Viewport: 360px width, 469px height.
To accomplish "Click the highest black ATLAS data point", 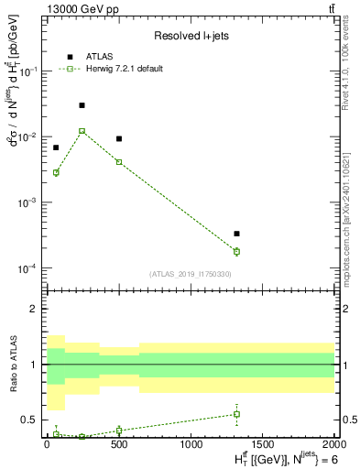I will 82,105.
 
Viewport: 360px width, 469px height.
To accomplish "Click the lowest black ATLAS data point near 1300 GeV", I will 236,234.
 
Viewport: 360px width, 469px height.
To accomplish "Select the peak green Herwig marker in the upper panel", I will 82,131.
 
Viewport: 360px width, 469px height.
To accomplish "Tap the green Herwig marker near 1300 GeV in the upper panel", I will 236,251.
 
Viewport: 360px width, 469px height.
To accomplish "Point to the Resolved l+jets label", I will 190,37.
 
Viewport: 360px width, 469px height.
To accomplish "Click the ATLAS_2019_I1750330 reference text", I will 190,274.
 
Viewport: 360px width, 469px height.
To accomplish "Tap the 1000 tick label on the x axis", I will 191,442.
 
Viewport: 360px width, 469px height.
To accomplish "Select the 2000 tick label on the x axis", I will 333,442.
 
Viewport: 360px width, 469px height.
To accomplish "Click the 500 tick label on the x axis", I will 118,442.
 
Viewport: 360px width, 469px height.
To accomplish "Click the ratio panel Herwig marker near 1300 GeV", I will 236,414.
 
